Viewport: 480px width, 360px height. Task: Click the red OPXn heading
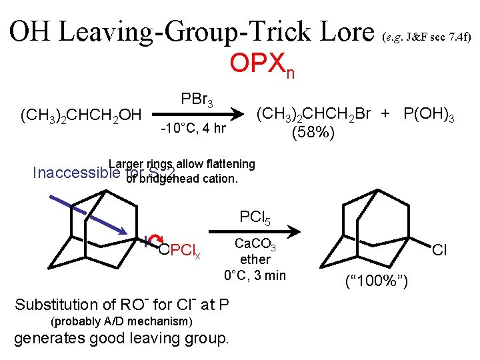tap(261, 65)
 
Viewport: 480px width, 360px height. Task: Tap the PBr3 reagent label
tap(197, 101)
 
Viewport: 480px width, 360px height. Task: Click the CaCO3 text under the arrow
tap(256, 245)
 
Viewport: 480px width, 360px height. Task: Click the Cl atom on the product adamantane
tap(439, 251)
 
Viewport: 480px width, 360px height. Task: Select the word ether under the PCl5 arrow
tap(255, 259)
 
